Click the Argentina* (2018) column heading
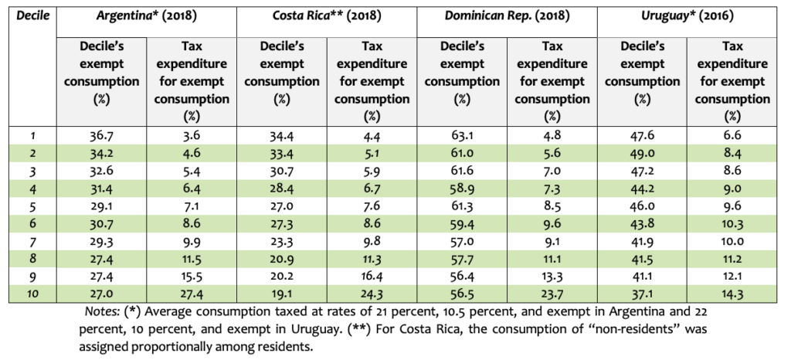click(x=147, y=15)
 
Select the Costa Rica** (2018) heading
click(x=327, y=15)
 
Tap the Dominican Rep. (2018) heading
click(x=507, y=15)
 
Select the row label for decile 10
click(x=30, y=294)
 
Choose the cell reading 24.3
click(x=372, y=294)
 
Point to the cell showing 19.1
click(x=281, y=294)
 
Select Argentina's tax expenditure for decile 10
click(x=192, y=294)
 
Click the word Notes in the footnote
click(x=100, y=311)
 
